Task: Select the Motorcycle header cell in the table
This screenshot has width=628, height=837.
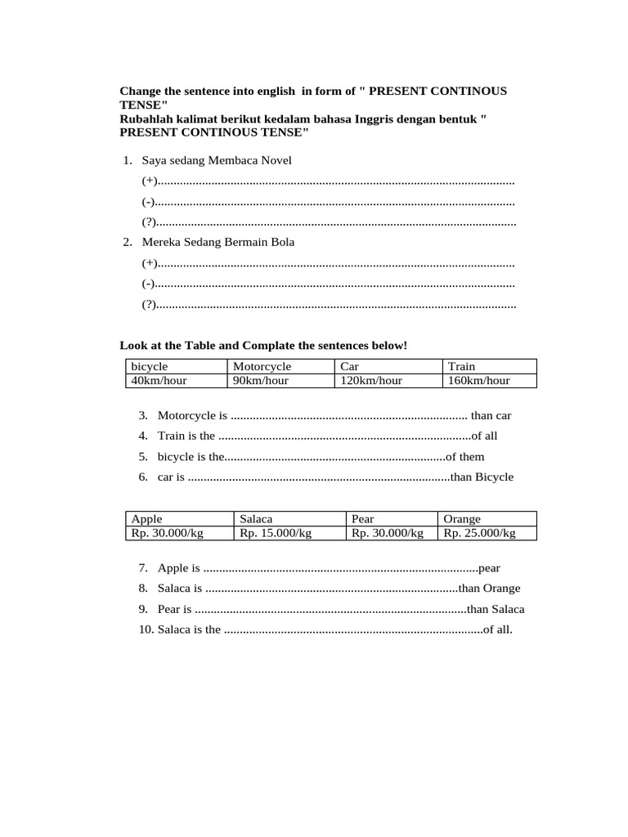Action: tap(262, 366)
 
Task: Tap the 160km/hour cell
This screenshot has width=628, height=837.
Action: tap(479, 380)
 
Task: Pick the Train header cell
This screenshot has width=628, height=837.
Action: tap(462, 366)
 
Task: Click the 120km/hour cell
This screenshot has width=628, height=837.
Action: tap(371, 380)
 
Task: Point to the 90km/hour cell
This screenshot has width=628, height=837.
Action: tap(261, 380)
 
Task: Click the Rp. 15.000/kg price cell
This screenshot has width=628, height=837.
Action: tap(276, 533)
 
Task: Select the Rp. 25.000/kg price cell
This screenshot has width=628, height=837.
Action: tap(479, 533)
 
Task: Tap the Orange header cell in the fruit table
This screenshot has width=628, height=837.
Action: tap(462, 519)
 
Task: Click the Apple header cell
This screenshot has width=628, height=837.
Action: tap(147, 519)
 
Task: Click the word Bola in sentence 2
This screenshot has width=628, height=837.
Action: tap(282, 242)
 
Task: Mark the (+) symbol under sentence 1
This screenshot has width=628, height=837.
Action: tap(149, 181)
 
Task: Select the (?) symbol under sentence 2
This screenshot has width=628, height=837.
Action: tap(149, 305)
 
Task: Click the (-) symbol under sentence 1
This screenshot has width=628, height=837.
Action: tap(148, 201)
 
